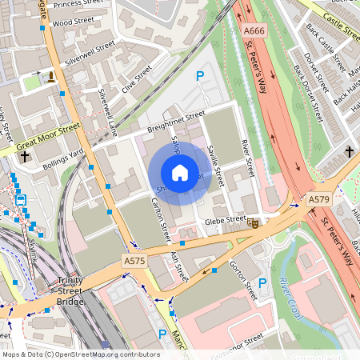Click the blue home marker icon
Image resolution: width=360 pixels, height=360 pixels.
point(180,173)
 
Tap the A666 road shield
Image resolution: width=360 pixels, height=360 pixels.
point(254,30)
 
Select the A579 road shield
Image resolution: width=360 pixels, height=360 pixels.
point(318,198)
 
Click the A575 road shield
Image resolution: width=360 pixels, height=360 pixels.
point(134,261)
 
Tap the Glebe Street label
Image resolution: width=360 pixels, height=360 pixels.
point(225,219)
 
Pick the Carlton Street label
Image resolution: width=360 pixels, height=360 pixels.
point(162,220)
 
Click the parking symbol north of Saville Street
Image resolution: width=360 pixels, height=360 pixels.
point(200,76)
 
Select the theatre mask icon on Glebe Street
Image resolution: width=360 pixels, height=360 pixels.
point(253,223)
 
